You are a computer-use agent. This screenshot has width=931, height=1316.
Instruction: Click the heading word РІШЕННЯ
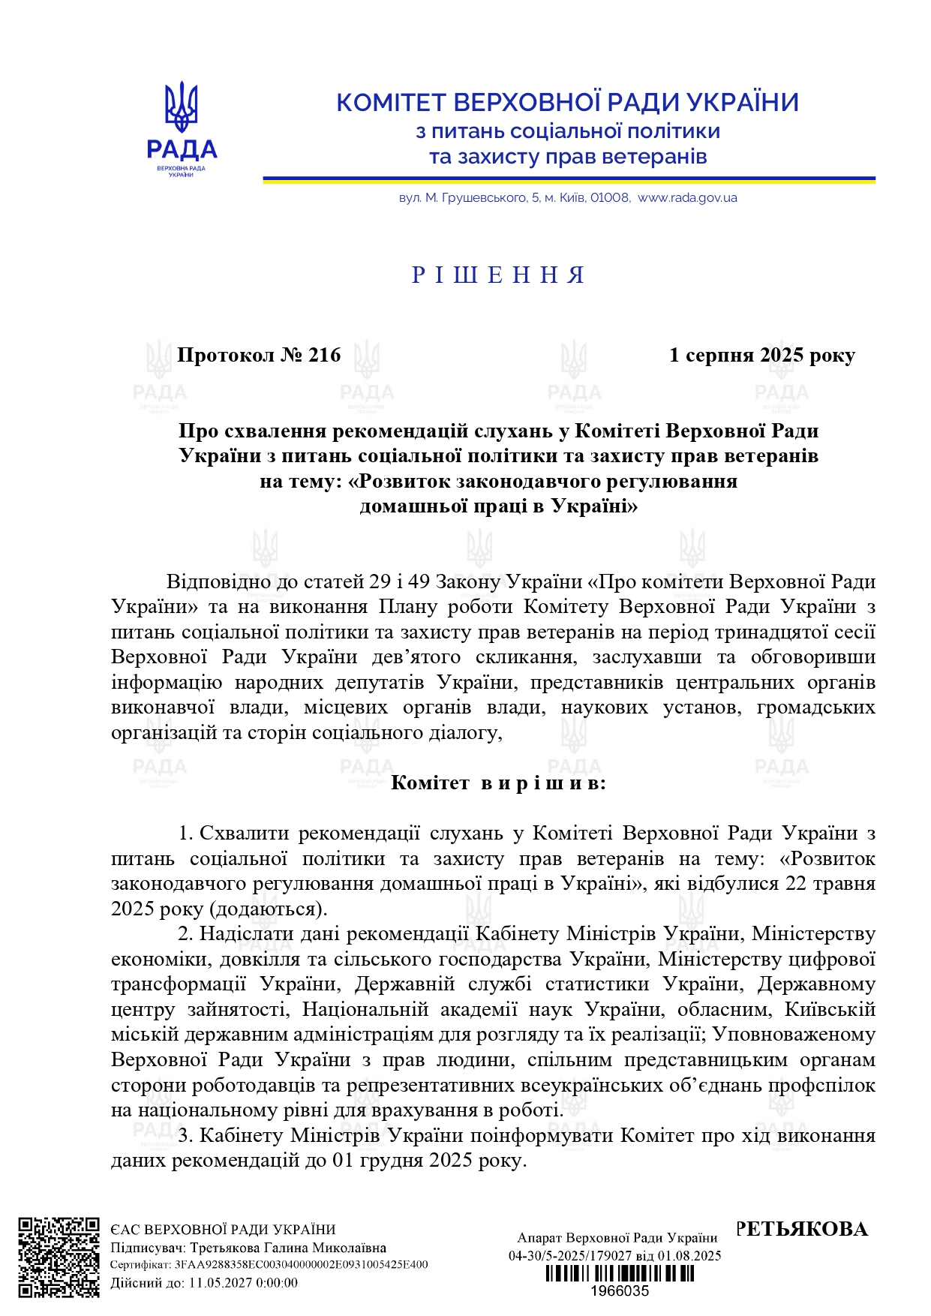pos(498,275)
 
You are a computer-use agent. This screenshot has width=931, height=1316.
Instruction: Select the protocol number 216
pos(324,355)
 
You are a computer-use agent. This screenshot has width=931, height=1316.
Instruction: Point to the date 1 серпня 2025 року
pos(761,355)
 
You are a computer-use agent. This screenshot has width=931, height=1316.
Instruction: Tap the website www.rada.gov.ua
pos(687,198)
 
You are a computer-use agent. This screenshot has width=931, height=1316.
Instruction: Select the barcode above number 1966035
pos(619,1274)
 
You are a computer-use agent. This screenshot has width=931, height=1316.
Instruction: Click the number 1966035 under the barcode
pos(619,1291)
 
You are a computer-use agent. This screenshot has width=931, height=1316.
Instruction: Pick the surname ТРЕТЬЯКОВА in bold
pos(801,1229)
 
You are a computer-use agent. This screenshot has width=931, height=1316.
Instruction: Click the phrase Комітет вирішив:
pos(498,783)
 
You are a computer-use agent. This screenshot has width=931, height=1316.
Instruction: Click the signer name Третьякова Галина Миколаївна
pos(288,1248)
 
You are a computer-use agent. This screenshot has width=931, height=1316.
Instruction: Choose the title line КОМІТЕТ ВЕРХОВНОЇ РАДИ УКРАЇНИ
pos(567,102)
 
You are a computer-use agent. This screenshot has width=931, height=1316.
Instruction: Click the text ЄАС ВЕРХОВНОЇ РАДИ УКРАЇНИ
pos(223,1230)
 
